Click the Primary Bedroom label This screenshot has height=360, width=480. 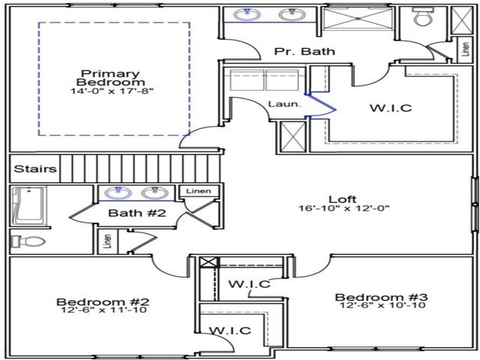(111, 78)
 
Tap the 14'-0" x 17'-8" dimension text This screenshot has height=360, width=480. (112, 91)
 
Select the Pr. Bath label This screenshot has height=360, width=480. (304, 51)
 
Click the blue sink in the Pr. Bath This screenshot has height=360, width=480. (247, 14)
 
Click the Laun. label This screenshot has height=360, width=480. (285, 104)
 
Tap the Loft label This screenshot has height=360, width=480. (342, 199)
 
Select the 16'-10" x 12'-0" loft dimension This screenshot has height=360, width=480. (343, 208)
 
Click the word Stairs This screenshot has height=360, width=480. (35, 169)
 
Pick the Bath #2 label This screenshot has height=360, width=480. (137, 213)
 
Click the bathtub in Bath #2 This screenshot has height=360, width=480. (28, 204)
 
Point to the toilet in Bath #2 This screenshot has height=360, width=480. (28, 241)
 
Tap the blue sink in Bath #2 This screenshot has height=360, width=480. (118, 193)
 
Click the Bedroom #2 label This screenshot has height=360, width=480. (103, 301)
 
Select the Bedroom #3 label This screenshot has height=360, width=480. (382, 297)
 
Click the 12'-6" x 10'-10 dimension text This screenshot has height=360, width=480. (382, 305)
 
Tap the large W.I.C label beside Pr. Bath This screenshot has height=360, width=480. (391, 108)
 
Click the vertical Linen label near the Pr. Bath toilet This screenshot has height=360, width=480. (465, 49)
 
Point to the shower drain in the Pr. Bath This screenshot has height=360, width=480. (358, 19)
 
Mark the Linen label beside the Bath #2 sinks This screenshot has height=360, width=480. (199, 191)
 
